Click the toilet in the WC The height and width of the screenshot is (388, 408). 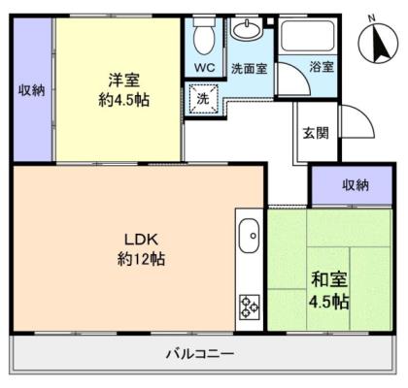tap(204, 37)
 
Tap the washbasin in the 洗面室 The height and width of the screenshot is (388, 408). tap(247, 30)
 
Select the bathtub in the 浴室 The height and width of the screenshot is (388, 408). tap(307, 35)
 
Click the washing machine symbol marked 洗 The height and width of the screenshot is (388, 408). tap(203, 98)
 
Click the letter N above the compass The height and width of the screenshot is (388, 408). tap(372, 18)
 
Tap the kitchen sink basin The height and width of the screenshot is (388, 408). tap(249, 237)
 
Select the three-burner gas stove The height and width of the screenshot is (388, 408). tap(250, 307)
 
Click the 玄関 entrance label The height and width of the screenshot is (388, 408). tap(316, 133)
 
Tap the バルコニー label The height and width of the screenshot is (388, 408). tap(200, 354)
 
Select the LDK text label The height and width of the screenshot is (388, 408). tap(141, 240)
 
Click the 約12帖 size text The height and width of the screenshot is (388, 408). tap(141, 259)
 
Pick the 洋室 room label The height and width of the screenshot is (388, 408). tap(124, 81)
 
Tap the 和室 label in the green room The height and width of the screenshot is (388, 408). tap(329, 279)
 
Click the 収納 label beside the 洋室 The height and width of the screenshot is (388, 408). tap(31, 90)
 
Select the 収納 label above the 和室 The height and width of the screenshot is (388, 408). tap(356, 185)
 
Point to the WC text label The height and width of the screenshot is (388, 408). tap(204, 68)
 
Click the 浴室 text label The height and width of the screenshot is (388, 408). tap(322, 67)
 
